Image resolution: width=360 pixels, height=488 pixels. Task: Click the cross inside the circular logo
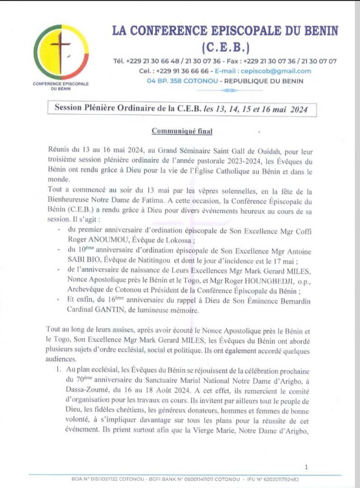61,49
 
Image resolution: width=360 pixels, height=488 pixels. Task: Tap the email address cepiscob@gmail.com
281,71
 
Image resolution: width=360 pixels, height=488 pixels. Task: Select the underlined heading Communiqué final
182,131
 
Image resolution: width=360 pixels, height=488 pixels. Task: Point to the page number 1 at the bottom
306,467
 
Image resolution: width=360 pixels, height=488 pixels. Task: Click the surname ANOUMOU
103,240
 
